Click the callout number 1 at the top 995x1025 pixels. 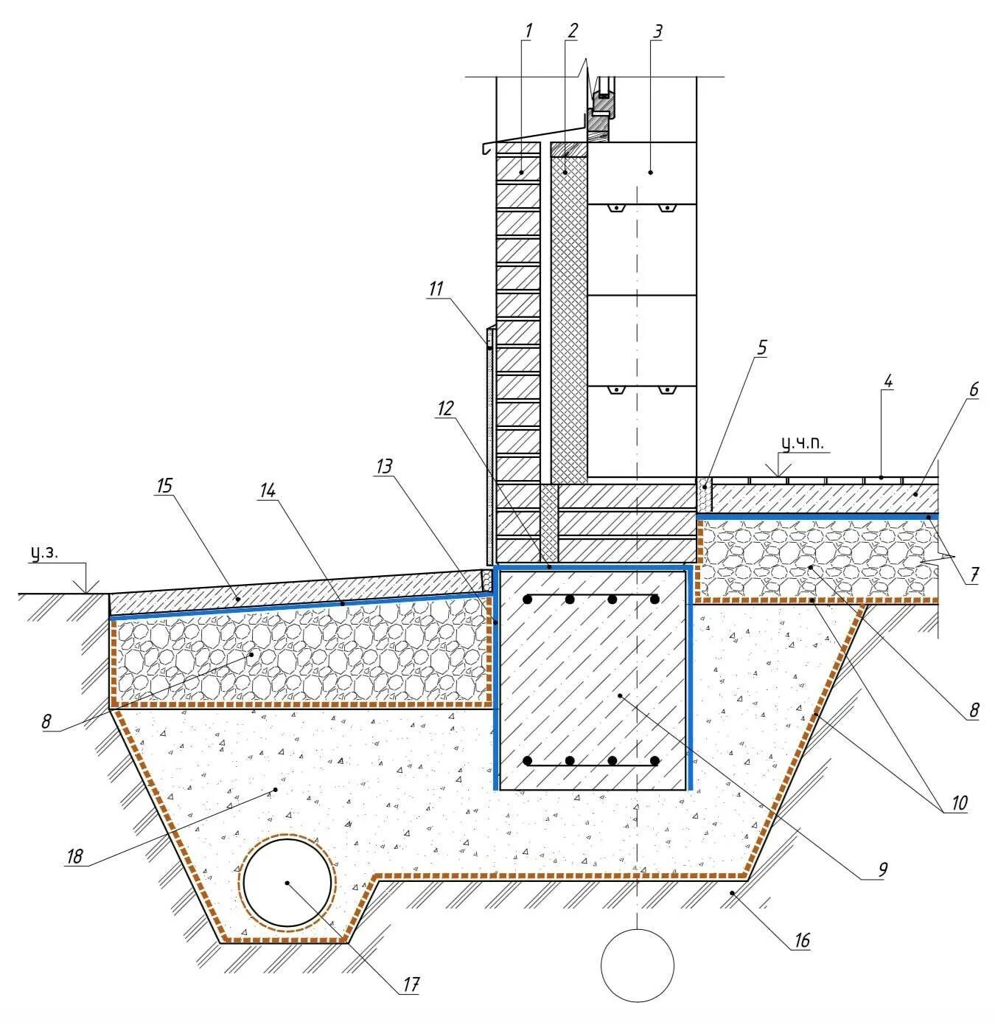tap(528, 31)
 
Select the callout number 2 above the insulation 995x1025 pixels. tap(572, 31)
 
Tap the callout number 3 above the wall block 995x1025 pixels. tap(657, 31)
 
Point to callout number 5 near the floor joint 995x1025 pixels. tap(762, 347)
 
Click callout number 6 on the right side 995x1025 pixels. tap(974, 389)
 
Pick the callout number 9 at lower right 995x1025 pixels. tap(882, 869)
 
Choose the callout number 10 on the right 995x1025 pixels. tap(958, 803)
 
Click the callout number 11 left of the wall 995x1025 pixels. tap(436, 288)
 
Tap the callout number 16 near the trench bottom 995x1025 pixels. tap(801, 940)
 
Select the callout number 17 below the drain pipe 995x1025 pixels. tap(411, 984)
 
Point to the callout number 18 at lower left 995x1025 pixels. tap(74, 856)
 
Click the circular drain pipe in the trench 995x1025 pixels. tap(287, 883)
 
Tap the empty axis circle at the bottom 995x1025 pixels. tap(637, 965)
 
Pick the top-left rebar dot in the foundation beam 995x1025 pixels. tap(527, 600)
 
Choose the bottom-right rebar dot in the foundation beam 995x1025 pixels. tap(654, 760)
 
